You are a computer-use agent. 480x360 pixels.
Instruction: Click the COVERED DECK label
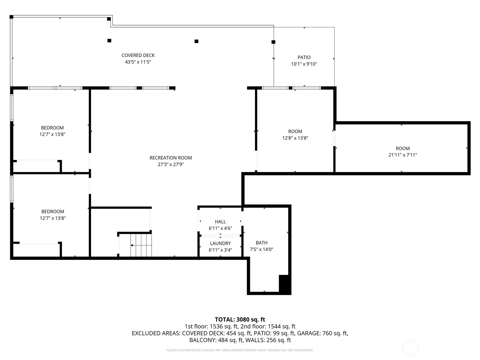pos(138,55)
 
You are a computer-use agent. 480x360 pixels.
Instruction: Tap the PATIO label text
pos(304,57)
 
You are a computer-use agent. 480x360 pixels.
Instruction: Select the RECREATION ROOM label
pos(171,158)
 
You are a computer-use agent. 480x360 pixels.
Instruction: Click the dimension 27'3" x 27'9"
pos(171,164)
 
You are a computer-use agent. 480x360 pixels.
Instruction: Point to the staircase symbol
pos(141,245)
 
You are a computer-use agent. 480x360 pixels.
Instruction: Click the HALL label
pos(220,222)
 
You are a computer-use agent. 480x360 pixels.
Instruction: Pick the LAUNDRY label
pos(220,243)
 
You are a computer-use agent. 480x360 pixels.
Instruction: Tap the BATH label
pos(261,243)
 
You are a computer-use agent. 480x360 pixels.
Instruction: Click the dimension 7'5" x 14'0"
pos(261,249)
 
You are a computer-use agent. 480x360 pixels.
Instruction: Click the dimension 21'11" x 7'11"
pos(403,155)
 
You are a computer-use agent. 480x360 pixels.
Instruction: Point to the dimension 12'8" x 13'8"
pos(295,138)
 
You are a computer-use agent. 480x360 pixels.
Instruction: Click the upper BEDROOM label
pos(52,128)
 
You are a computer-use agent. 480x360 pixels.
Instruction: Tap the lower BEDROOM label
pos(52,211)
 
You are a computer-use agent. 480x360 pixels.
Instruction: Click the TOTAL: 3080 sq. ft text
pos(240,319)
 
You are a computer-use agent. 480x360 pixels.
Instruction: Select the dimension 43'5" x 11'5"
pos(138,62)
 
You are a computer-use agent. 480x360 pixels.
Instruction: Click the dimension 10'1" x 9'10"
pos(304,64)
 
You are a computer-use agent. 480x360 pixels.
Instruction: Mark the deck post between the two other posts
pos(196,41)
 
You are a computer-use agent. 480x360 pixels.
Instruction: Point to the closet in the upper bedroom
pos(37,166)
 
